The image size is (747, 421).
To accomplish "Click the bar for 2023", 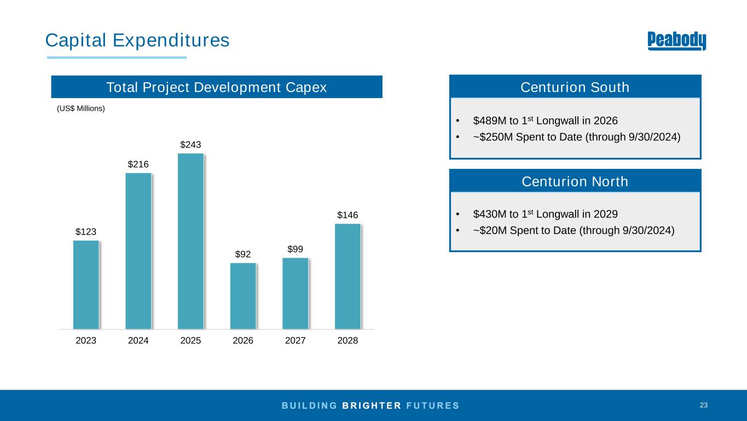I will pos(86,285).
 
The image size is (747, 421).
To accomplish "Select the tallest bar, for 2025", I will pos(190,241).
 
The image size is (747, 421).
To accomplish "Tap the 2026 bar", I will pos(243,296).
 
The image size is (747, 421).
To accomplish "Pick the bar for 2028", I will pos(348,276).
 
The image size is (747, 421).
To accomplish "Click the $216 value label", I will pos(138,164).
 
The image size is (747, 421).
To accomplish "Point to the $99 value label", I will pos(295,249).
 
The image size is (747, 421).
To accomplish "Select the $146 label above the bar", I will pos(348,214).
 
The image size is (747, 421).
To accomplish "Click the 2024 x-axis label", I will pos(138,340).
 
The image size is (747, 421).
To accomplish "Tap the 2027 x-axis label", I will pos(295,340).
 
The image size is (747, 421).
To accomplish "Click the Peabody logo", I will pos(676,41).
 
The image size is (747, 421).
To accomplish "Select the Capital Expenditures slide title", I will pos(137,40).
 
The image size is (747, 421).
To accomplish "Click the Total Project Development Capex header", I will pos(216,87).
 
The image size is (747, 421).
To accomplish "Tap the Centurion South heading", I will pos(575,87).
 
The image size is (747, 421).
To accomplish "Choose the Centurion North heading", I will pos(575,181).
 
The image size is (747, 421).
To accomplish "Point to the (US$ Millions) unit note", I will pos(81,109).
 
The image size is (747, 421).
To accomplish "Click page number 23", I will pos(703,405).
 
